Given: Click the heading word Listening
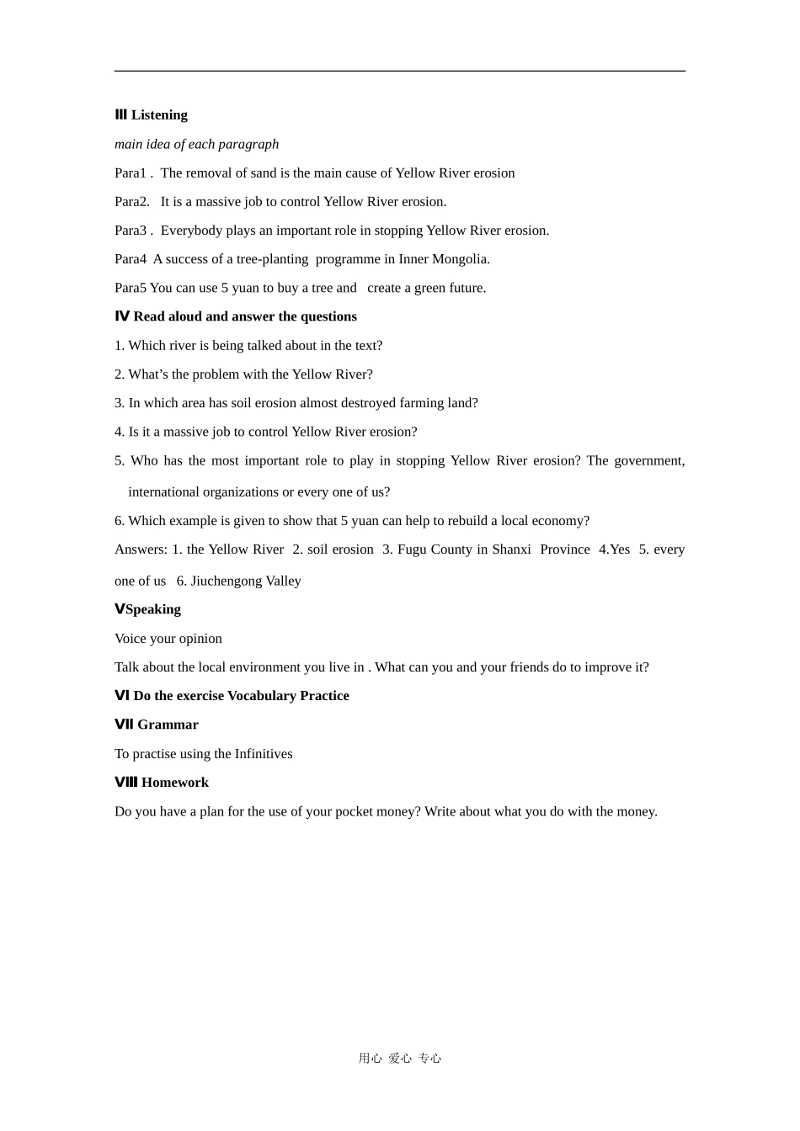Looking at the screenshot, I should point(159,115).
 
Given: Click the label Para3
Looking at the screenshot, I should point(131,231).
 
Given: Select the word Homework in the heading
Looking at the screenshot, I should point(175,783).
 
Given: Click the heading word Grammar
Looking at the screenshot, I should point(168,725).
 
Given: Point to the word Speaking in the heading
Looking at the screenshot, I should point(153,609).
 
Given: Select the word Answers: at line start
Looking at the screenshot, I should point(141,550).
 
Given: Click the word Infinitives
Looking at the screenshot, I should point(264,754).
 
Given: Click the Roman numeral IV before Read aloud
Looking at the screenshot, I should point(122,316).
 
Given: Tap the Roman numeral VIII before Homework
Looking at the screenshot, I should point(125,783).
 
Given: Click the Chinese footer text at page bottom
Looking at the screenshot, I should point(400,1059).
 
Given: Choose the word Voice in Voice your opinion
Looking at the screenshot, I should point(131,639).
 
